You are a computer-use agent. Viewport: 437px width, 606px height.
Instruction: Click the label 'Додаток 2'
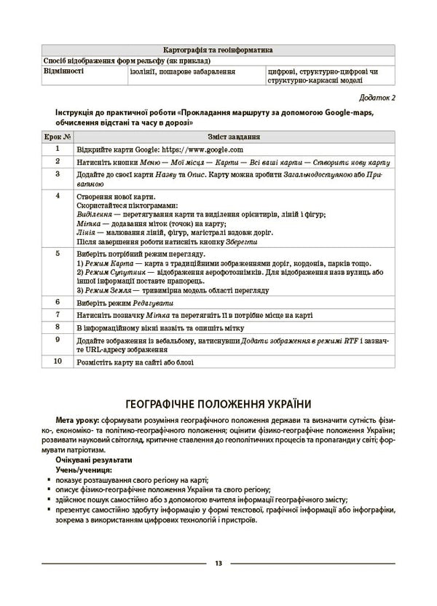click(x=377, y=97)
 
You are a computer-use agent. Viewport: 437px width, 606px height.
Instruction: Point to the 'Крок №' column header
click(x=56, y=136)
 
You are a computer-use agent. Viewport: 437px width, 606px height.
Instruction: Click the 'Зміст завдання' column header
click(x=235, y=136)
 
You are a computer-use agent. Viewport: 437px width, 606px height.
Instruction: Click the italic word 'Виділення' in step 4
click(x=94, y=214)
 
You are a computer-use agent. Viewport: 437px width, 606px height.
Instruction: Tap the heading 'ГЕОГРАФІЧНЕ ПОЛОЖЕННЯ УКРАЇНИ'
click(x=219, y=403)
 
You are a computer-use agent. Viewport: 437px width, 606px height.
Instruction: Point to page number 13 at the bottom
click(x=219, y=564)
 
